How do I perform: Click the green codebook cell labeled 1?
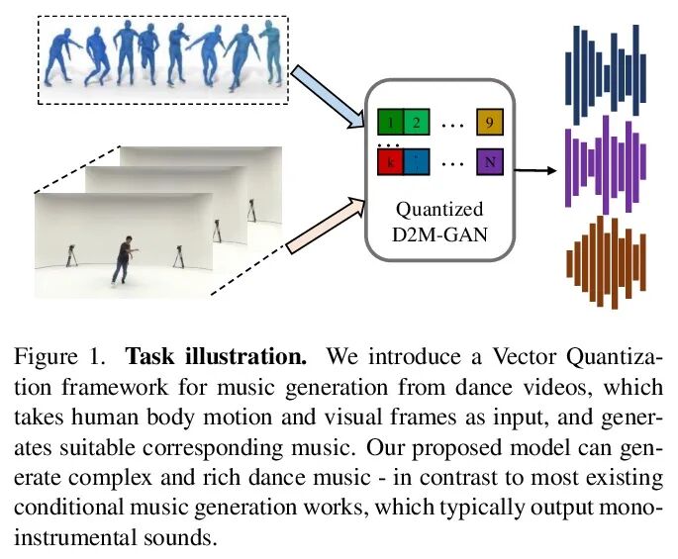point(390,123)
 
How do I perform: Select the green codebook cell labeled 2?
point(417,123)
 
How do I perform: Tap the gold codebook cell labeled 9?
point(489,123)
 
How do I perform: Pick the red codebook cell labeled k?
point(390,159)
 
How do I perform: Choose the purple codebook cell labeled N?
point(489,159)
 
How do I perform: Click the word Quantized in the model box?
point(439,210)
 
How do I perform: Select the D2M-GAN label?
point(439,234)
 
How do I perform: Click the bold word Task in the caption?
point(148,356)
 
